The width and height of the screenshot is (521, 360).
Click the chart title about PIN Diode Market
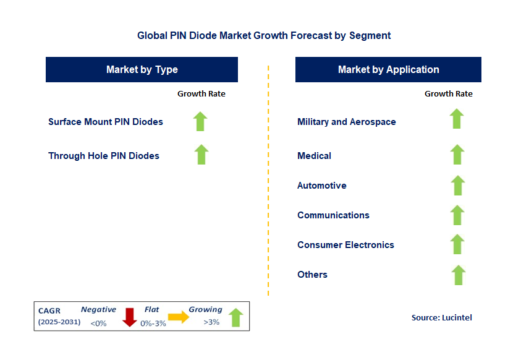[264, 35]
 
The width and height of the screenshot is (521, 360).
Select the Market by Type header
[142, 69]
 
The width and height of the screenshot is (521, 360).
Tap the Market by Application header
[388, 69]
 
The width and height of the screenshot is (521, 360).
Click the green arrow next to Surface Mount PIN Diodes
[200, 121]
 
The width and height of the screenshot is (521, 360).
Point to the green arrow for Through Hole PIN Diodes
[201, 155]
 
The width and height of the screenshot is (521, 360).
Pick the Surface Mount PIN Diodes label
[106, 122]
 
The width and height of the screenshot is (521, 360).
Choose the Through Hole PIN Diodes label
[104, 156]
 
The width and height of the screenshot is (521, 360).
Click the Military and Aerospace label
[346, 122]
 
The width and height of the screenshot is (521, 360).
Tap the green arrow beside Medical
[457, 155]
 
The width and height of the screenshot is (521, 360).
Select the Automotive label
[321, 186]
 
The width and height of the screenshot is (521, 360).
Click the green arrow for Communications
[457, 215]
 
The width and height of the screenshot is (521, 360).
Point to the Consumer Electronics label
[345, 245]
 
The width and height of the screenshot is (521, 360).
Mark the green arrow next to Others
[457, 275]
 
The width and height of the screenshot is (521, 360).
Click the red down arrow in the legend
[129, 317]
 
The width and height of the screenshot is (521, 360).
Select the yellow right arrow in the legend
[179, 317]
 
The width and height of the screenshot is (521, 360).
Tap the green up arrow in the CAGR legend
[235, 317]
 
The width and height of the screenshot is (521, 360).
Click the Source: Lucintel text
[441, 317]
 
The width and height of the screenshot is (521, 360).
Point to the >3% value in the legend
[211, 322]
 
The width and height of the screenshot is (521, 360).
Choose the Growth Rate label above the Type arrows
[201, 94]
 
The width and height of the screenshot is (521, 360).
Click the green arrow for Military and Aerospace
[457, 119]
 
